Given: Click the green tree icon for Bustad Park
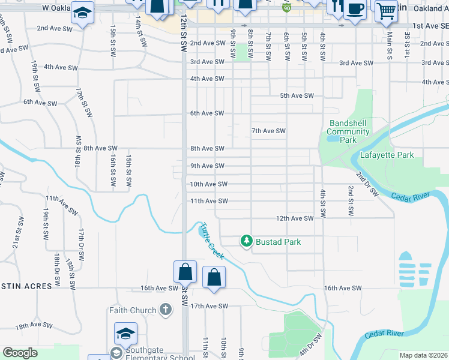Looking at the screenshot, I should click(246, 241).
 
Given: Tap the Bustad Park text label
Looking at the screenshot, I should click(278, 242).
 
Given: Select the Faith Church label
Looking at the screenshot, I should click(133, 310).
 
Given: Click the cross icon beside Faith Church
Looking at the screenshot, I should click(166, 310).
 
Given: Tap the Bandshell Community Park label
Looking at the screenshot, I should click(348, 131).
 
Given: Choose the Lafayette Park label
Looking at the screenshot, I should click(387, 155).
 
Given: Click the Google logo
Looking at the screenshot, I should click(20, 353).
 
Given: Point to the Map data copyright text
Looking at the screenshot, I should click(423, 355).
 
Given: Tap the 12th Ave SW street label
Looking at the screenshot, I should click(295, 218).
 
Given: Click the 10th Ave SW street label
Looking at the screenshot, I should click(209, 184).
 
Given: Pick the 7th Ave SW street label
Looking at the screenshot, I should click(268, 131).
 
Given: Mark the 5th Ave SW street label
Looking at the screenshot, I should click(297, 96).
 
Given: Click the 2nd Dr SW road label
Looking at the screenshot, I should click(366, 184).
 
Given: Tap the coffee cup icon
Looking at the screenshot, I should click(355, 10).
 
